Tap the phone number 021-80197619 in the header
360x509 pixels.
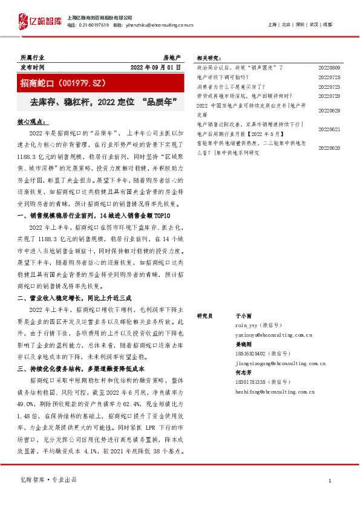(96, 25)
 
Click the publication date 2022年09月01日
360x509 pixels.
(155, 67)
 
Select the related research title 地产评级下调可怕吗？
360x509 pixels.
(223, 78)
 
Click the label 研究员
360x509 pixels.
(206, 316)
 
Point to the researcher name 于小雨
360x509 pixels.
(243, 316)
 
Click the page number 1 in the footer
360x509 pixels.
(330, 481)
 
